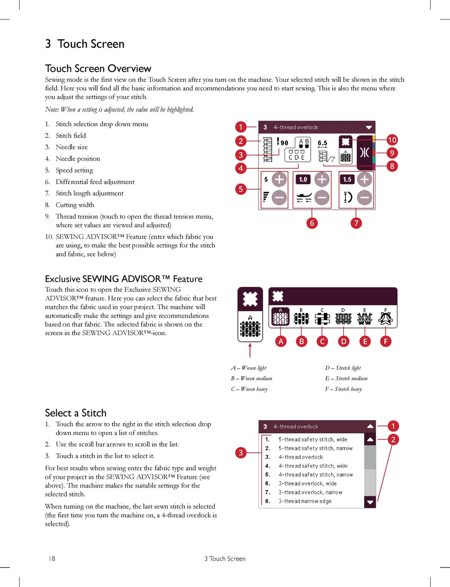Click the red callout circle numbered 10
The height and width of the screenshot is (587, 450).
click(x=392, y=140)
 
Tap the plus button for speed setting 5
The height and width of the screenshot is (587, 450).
click(x=279, y=179)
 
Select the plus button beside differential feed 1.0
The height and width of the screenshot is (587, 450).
click(x=322, y=179)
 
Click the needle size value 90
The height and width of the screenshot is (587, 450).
click(x=284, y=143)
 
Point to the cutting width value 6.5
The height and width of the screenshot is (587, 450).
click(x=322, y=143)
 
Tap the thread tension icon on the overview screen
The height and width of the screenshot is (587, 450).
click(x=365, y=153)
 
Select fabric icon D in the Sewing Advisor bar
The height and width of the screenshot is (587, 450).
click(x=343, y=317)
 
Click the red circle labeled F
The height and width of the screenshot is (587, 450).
click(x=386, y=341)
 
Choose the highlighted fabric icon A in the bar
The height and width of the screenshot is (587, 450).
click(x=280, y=317)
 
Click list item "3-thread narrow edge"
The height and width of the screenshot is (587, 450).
click(x=305, y=501)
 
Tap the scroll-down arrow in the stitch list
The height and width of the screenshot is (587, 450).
click(x=370, y=502)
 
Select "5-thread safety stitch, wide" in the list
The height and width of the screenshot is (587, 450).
click(x=313, y=440)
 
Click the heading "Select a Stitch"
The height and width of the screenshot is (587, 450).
click(x=76, y=413)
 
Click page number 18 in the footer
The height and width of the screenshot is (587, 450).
click(x=52, y=558)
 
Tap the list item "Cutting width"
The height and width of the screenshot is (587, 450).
click(x=75, y=205)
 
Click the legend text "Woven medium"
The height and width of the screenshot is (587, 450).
click(x=256, y=378)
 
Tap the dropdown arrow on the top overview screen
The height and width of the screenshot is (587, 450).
click(x=369, y=128)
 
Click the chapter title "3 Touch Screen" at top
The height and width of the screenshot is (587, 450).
click(x=85, y=44)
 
